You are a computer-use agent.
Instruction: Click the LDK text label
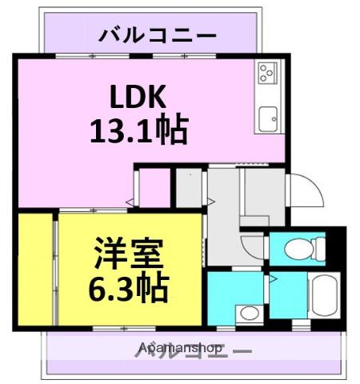click(x=137, y=98)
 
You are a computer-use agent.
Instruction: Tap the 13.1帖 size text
click(x=138, y=129)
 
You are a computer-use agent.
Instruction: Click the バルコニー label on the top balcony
click(x=158, y=35)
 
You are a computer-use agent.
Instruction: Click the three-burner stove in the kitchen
click(x=266, y=74)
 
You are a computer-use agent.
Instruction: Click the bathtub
click(x=325, y=295)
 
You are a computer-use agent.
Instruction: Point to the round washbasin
click(x=250, y=312)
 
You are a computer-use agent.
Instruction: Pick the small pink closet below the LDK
click(x=154, y=187)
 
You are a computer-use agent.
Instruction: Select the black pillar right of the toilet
click(x=336, y=248)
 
